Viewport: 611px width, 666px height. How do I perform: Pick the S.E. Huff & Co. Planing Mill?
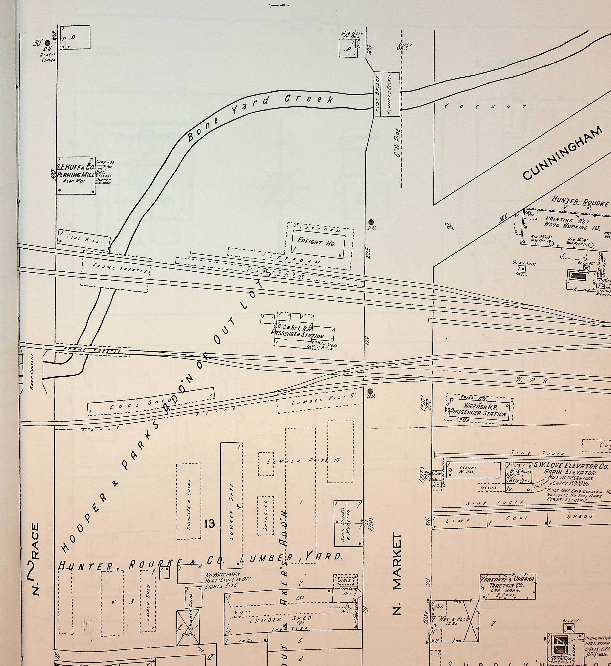pyautogui.click(x=76, y=175)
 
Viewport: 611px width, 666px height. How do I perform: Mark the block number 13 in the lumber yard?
pyautogui.click(x=210, y=524)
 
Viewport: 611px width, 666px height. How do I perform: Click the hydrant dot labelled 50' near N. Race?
pyautogui.click(x=48, y=43)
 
